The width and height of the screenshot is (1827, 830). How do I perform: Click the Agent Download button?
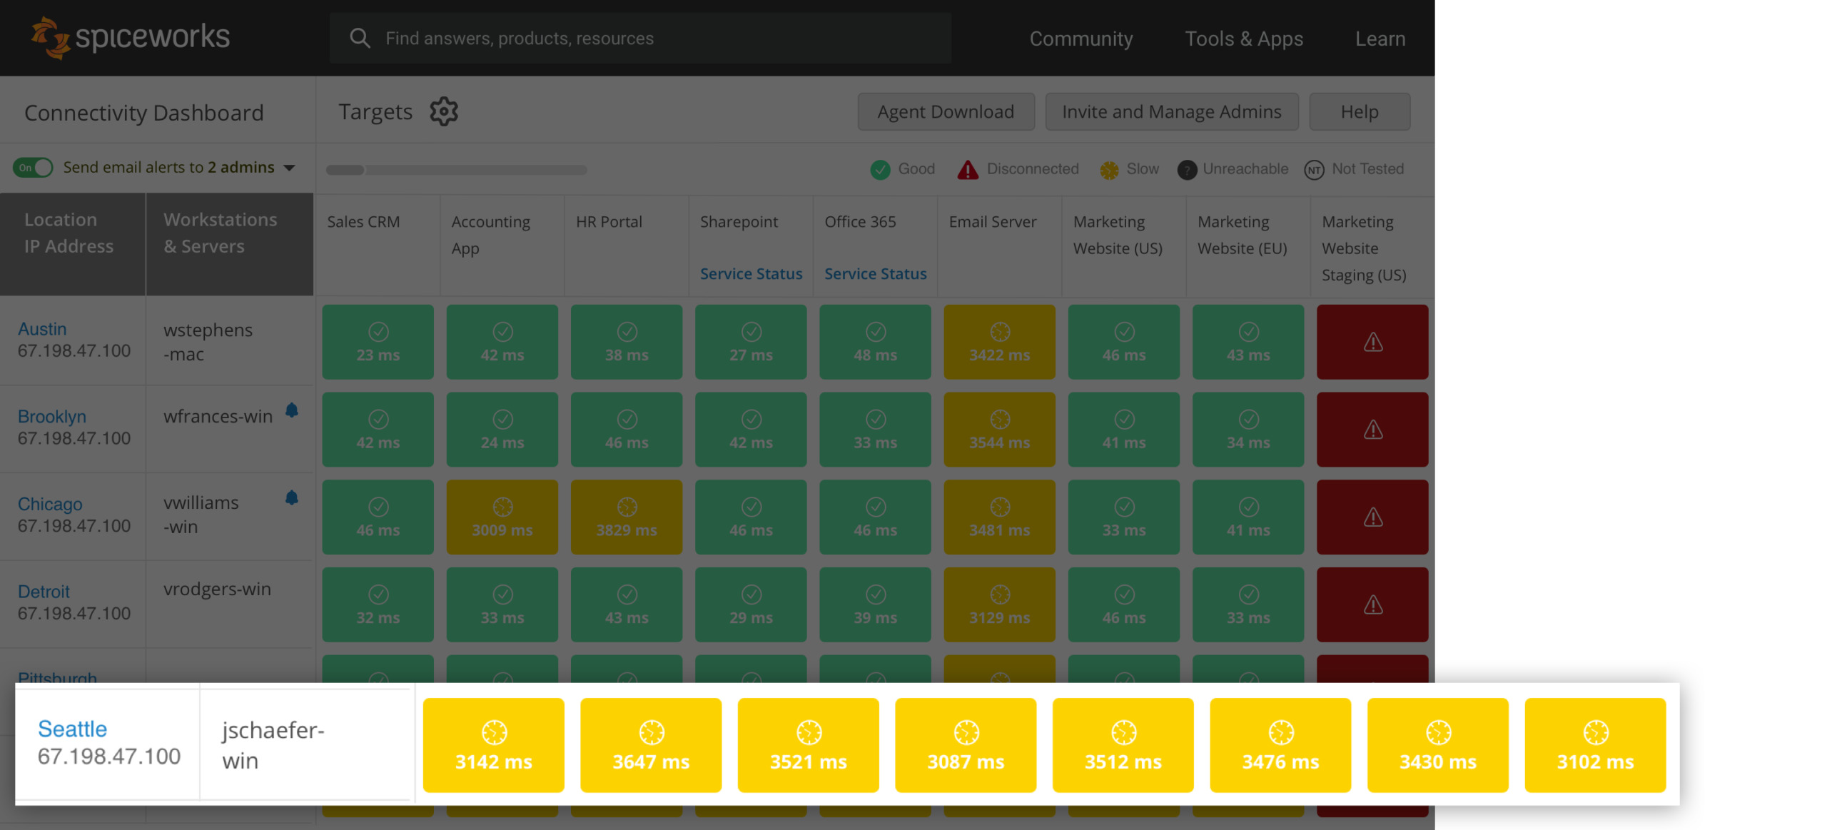click(945, 111)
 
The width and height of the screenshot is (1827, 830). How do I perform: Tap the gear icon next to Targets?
click(443, 111)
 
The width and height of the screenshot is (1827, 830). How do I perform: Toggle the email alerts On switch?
click(34, 168)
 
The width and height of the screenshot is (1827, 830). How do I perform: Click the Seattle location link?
click(72, 728)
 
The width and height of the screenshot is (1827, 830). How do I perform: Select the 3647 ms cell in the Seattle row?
click(650, 745)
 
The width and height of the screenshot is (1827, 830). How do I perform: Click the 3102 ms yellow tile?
click(1594, 745)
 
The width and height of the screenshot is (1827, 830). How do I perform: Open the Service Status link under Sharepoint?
click(750, 273)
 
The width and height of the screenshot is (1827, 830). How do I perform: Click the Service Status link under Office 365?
click(875, 273)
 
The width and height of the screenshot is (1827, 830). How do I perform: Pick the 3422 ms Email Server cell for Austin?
click(998, 342)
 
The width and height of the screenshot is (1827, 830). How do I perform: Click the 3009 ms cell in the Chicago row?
click(502, 517)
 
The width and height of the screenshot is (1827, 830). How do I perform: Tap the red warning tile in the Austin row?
click(1372, 342)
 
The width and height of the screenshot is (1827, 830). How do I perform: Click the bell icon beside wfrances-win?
click(291, 410)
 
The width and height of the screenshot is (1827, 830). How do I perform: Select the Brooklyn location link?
click(51, 416)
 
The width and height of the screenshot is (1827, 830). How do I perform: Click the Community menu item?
click(1080, 39)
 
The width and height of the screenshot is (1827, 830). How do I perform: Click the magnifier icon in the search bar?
click(360, 39)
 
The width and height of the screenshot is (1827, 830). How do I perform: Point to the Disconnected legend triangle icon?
click(967, 169)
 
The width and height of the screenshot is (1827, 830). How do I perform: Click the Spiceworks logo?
click(130, 37)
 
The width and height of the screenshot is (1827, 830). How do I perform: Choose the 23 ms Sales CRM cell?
click(378, 342)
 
